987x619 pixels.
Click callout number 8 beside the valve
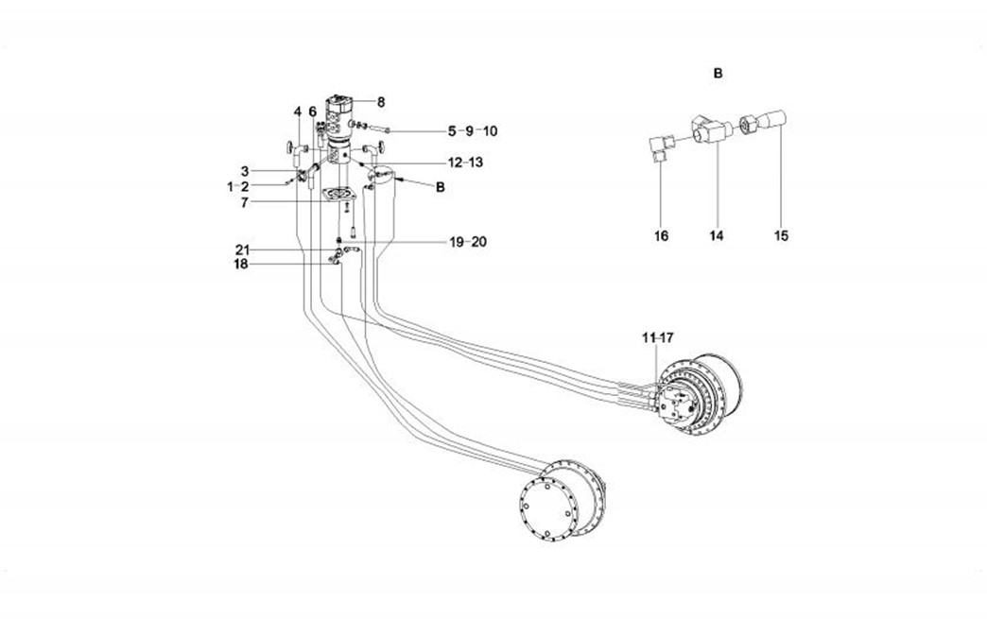click(381, 102)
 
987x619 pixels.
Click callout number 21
click(243, 249)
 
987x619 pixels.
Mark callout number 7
click(244, 202)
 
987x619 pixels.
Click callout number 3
click(244, 172)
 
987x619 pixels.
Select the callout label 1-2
click(237, 187)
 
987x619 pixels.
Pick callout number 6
click(313, 112)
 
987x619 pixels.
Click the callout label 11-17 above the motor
click(657, 337)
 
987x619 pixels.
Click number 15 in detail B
click(781, 235)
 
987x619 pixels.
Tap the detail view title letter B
click(719, 73)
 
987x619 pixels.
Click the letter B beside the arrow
click(439, 187)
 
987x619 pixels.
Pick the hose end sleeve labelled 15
click(773, 120)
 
